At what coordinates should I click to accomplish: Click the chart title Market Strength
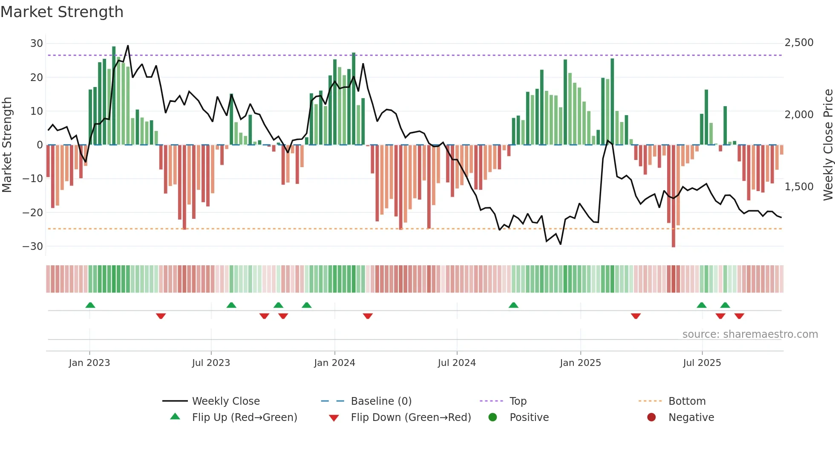pos(62,12)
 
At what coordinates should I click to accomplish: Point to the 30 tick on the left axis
pos(37,44)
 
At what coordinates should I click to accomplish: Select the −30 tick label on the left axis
pos(33,247)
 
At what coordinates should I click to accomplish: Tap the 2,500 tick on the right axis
pos(799,43)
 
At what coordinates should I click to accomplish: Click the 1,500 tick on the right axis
pos(799,187)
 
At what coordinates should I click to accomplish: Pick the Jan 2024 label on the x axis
pos(334,363)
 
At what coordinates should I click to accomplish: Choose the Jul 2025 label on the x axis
pos(702,363)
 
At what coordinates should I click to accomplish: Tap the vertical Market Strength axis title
pos(7,145)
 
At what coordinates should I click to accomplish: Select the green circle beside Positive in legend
pos(493,418)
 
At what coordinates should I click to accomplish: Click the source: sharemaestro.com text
pos(750,334)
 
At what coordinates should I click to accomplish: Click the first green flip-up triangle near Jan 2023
pos(90,305)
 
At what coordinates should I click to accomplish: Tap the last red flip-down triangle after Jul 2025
pos(739,316)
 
